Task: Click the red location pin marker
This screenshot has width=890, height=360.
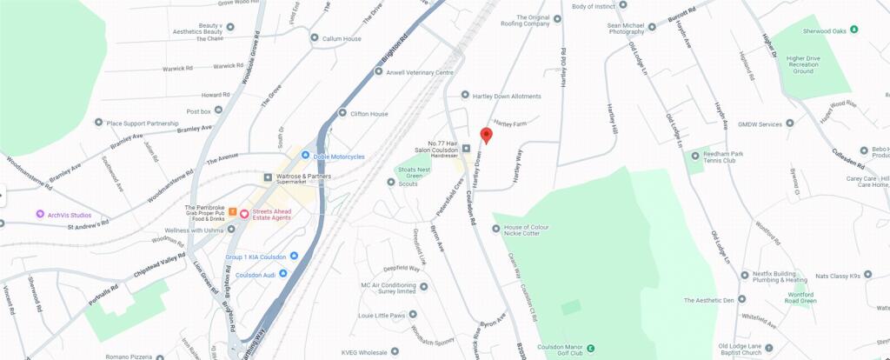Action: pyautogui.click(x=486, y=136)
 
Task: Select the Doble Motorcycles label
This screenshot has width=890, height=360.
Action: pyautogui.click(x=339, y=157)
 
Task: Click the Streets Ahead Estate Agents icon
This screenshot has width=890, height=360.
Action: pyautogui.click(x=245, y=214)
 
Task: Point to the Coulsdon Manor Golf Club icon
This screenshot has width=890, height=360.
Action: pyautogui.click(x=591, y=349)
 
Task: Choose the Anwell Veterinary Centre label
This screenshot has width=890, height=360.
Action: pyautogui.click(x=420, y=73)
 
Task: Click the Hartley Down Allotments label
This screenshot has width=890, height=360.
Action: pyautogui.click(x=506, y=97)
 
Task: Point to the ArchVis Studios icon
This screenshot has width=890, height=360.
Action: pyautogui.click(x=40, y=215)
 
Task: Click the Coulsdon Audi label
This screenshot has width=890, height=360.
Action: pyautogui.click(x=256, y=275)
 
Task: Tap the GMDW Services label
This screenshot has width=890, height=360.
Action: pyautogui.click(x=760, y=124)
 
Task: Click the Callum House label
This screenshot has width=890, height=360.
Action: pyautogui.click(x=341, y=39)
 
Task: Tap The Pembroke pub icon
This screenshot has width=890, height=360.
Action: pyautogui.click(x=231, y=213)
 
